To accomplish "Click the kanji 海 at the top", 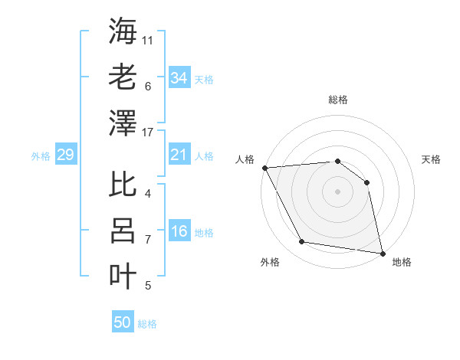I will click(123, 31).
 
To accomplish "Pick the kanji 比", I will click(123, 185).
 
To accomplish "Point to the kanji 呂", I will click(123, 230).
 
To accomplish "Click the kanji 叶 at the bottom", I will click(123, 276).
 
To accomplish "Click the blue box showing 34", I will click(179, 78).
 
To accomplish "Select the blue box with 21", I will click(179, 155).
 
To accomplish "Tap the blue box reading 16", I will click(179, 232).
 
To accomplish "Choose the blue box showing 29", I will click(65, 155).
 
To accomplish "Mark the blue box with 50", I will click(123, 322).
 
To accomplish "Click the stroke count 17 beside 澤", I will click(148, 133).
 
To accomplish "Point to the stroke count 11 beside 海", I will click(148, 39).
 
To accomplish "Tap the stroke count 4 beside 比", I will click(148, 193).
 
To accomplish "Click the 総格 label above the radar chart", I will click(337, 100).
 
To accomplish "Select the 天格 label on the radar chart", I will click(431, 159).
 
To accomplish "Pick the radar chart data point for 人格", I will click(264, 168).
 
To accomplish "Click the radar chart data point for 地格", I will click(381, 252).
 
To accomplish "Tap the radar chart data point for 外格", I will click(302, 242).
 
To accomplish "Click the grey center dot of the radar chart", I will click(337, 191).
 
